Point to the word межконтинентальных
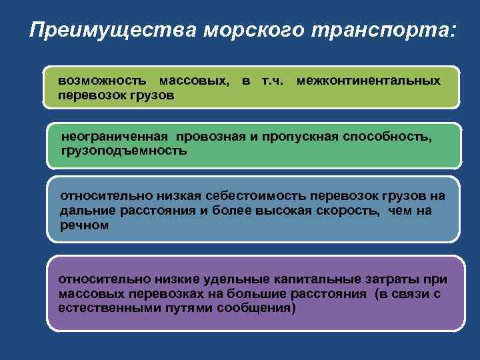368,81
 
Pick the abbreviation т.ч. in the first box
270,81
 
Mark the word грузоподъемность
124,151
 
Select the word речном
83,225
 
